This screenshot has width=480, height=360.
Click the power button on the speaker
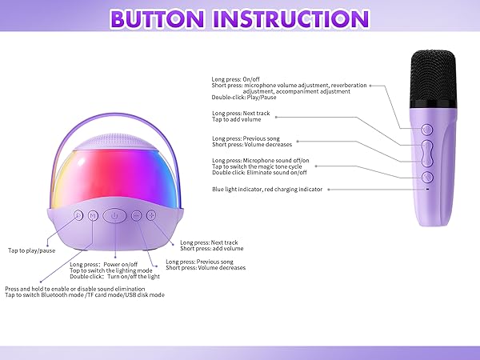115,214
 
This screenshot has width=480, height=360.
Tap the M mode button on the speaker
93,214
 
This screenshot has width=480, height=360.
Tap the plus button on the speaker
150,214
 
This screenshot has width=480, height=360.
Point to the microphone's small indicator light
427,190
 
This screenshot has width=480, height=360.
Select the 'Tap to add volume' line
238,119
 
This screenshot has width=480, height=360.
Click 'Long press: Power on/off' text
104,264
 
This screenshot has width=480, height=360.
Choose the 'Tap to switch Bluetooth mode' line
85,294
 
